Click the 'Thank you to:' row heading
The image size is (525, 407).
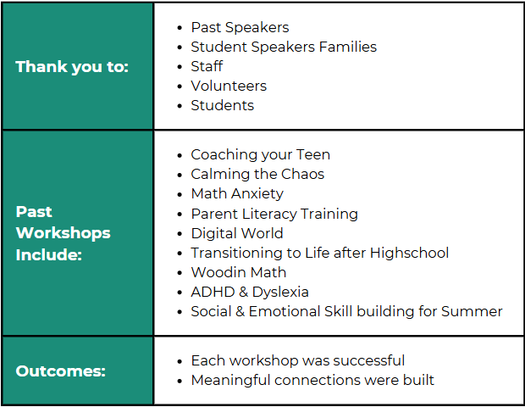(x=72, y=67)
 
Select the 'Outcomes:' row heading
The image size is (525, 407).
(x=61, y=371)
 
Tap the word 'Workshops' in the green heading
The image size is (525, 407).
(x=63, y=233)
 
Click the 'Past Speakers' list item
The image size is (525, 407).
(x=240, y=27)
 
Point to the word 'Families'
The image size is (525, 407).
(x=347, y=47)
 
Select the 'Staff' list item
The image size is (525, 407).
(x=207, y=66)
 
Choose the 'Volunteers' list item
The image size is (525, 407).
(x=229, y=86)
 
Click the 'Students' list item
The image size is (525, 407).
(x=223, y=105)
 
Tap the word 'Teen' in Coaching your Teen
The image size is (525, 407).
(x=313, y=154)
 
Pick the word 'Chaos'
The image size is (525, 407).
(x=302, y=174)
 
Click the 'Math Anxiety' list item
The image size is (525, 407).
(x=237, y=194)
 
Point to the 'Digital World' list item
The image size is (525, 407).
(x=237, y=233)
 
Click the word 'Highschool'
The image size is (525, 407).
(x=409, y=253)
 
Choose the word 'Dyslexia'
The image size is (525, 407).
(x=280, y=292)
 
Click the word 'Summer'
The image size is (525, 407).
(x=472, y=311)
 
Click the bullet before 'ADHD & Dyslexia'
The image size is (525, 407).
(x=180, y=293)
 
